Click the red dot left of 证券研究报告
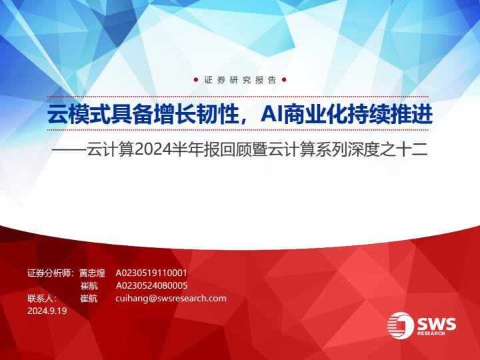(195, 80)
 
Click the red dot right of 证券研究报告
(284, 80)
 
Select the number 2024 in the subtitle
(149, 150)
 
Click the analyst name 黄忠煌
(92, 273)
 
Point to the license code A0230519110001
(151, 273)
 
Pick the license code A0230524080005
(151, 285)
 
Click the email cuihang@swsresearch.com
(171, 298)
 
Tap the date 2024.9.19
(47, 311)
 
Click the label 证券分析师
(49, 273)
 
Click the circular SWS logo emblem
(401, 325)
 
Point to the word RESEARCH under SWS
(431, 333)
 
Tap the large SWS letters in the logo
(437, 323)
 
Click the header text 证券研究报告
(240, 80)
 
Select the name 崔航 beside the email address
(89, 298)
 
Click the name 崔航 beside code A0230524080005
(89, 285)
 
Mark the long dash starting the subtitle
(69, 150)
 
